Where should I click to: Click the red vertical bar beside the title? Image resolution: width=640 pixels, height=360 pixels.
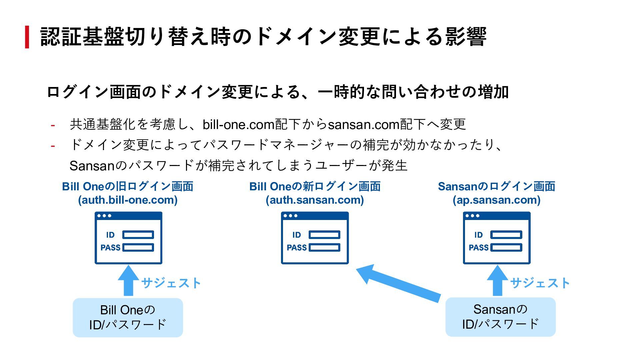(x=27, y=37)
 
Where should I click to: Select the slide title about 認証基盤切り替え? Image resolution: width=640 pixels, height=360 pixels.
(x=263, y=37)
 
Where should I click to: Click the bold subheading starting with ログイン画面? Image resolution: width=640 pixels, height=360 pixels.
(x=278, y=92)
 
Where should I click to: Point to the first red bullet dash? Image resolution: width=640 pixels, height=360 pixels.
(x=53, y=126)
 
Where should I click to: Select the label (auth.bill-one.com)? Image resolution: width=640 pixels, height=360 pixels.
(x=128, y=200)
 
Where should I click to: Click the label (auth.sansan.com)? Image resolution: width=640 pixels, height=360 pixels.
(x=315, y=200)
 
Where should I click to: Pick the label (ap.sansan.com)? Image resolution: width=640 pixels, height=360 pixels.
(x=496, y=200)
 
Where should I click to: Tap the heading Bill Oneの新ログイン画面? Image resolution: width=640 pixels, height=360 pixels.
(x=315, y=186)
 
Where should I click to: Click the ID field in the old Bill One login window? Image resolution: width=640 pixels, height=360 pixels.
(x=138, y=235)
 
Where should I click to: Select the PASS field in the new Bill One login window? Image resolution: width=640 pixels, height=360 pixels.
(x=324, y=247)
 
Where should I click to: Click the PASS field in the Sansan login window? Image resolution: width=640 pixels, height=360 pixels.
(x=506, y=247)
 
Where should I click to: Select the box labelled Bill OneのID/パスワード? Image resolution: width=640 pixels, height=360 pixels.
(x=128, y=317)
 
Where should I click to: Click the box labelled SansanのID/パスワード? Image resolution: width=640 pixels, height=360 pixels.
(x=500, y=317)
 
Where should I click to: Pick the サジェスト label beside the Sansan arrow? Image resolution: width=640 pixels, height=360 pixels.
(x=540, y=283)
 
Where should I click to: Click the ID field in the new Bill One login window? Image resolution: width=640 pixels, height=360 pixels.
(x=324, y=235)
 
